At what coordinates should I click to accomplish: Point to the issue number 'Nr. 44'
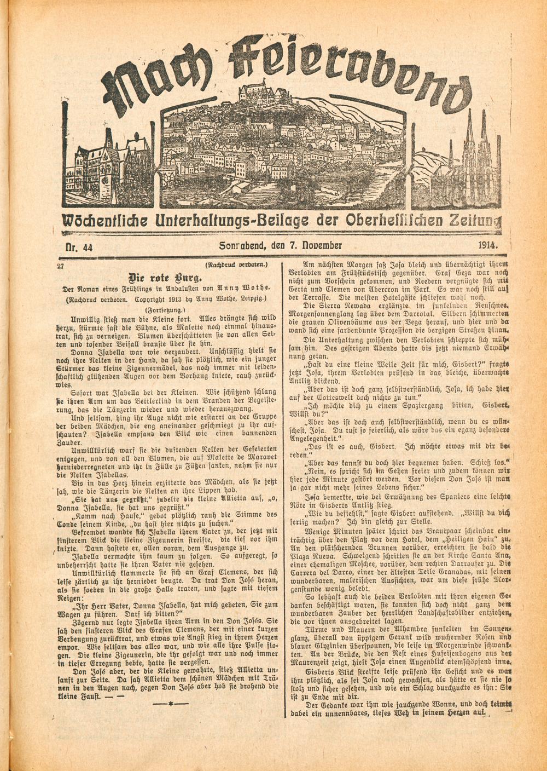coord(79,247)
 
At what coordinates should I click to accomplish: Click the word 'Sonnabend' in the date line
coord(242,246)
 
